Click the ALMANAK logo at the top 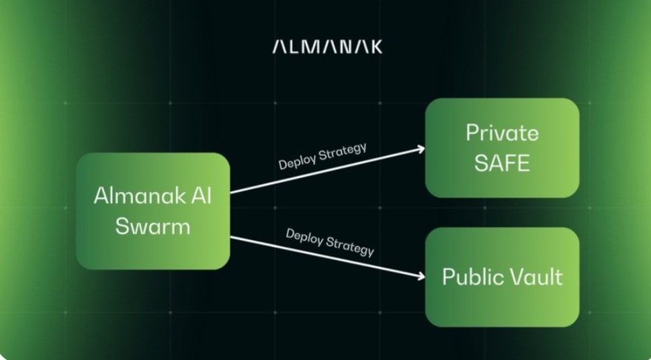tap(327, 47)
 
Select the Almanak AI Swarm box tap(153, 211)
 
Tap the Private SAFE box tap(502, 148)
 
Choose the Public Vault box tap(502, 277)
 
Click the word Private tap(502, 133)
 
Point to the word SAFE tap(502, 163)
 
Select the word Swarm tap(153, 226)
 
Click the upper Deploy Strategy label tap(322, 156)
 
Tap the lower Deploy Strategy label tap(329, 242)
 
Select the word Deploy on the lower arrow tap(305, 236)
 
